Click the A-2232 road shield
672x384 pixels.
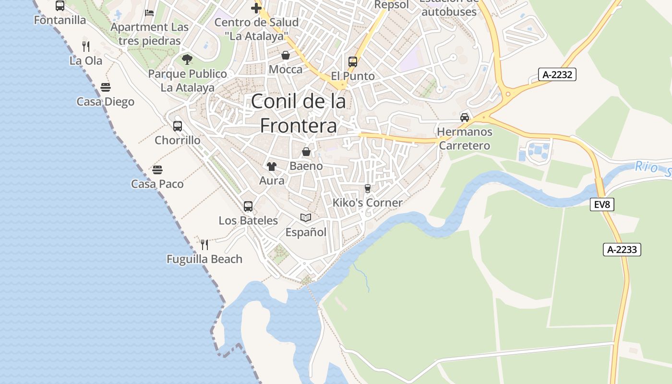click(557, 74)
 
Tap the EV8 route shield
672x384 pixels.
click(602, 204)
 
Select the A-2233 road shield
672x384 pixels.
click(622, 250)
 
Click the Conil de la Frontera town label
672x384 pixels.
click(298, 114)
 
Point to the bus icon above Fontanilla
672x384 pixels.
click(60, 6)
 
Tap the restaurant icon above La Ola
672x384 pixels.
click(86, 47)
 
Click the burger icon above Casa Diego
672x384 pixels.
click(106, 87)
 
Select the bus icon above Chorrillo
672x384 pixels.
click(178, 126)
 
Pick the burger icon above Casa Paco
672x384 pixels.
click(157, 169)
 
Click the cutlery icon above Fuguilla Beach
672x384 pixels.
click(204, 245)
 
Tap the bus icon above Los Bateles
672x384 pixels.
click(248, 206)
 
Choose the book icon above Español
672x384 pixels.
click(306, 218)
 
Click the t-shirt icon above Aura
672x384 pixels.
click(272, 167)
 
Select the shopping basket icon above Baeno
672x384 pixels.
click(306, 152)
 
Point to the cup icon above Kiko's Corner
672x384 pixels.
click(368, 188)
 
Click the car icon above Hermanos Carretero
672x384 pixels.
click(465, 118)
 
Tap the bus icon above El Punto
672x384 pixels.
click(353, 62)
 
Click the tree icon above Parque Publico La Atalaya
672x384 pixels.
click(187, 60)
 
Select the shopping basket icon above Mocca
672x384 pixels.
click(286, 55)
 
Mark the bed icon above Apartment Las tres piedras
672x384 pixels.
click(149, 12)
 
